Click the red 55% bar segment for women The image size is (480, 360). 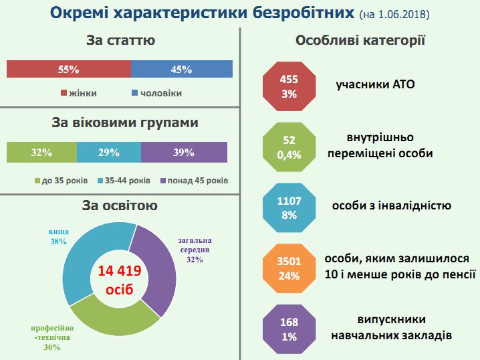pos(68,69)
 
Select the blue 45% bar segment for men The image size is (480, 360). pos(182,69)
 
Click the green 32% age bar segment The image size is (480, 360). pos(41,153)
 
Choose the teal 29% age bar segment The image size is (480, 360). pos(109,153)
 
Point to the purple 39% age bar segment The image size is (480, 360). pos(184,153)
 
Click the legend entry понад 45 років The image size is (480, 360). pos(193,181)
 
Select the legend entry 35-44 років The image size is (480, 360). pos(123,181)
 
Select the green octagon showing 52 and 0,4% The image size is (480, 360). pos(289,147)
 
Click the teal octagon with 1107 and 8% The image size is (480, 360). pos(289,207)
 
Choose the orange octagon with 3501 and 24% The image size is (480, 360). pos(289,268)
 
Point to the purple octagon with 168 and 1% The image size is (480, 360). pos(289,328)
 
